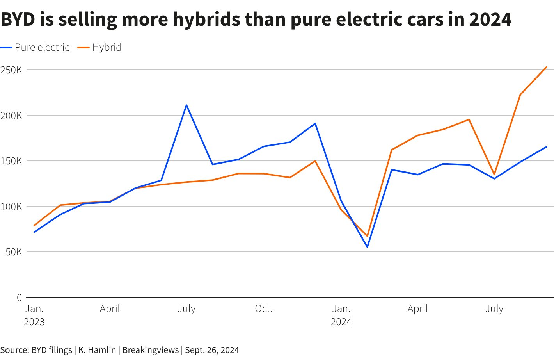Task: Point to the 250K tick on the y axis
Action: click(x=11, y=70)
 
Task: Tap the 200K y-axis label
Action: click(x=11, y=116)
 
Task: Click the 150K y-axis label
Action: click(x=11, y=161)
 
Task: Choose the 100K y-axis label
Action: click(x=11, y=207)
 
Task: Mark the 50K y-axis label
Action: click(x=14, y=252)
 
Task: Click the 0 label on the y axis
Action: click(x=19, y=298)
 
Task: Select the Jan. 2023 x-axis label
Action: click(x=34, y=315)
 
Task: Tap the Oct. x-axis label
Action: click(x=263, y=309)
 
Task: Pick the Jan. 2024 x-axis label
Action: click(x=341, y=315)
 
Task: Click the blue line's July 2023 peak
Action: click(x=186, y=105)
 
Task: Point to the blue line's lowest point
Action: click(x=367, y=247)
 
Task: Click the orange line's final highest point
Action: click(x=546, y=67)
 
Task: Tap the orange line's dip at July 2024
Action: click(x=494, y=175)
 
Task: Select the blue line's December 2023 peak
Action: click(x=315, y=123)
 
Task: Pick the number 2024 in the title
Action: click(x=490, y=19)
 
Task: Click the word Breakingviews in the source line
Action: click(x=150, y=350)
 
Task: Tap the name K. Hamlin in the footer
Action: click(x=97, y=350)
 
